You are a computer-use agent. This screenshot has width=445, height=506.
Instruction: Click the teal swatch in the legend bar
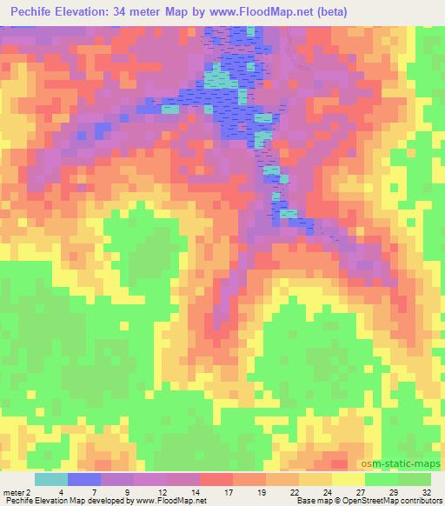[50, 479]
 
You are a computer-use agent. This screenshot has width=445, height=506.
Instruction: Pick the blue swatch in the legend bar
[83, 479]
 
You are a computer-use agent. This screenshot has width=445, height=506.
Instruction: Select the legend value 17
[230, 491]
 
